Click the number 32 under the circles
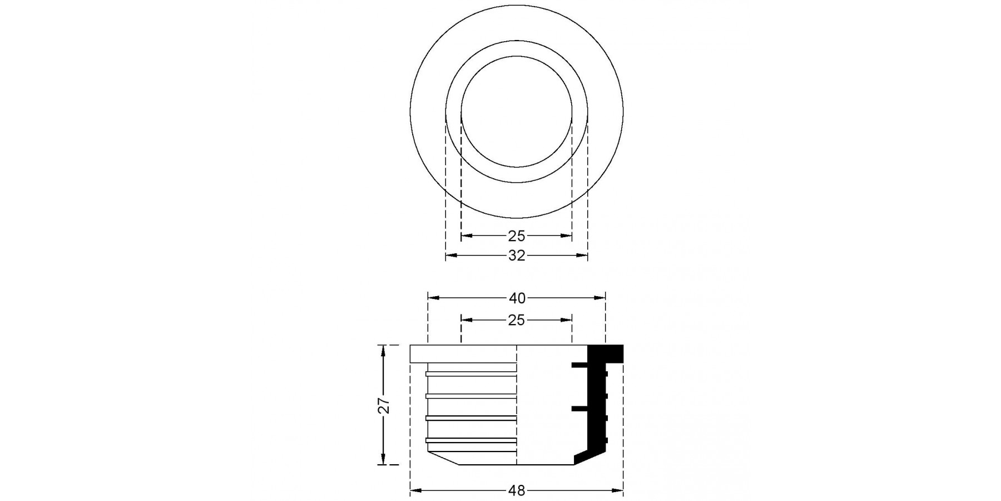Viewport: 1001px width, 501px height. point(517,256)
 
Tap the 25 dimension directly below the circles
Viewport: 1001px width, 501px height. point(517,236)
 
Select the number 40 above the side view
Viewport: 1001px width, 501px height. point(517,298)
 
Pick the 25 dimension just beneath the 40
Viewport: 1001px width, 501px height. point(517,321)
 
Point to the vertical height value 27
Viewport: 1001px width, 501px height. point(384,405)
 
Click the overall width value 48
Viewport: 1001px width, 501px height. point(517,490)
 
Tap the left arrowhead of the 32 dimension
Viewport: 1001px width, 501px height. point(451,256)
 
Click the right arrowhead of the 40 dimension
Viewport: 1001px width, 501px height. point(599,298)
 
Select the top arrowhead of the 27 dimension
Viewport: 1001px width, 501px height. point(383,351)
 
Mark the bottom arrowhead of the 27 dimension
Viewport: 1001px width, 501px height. point(383,459)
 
